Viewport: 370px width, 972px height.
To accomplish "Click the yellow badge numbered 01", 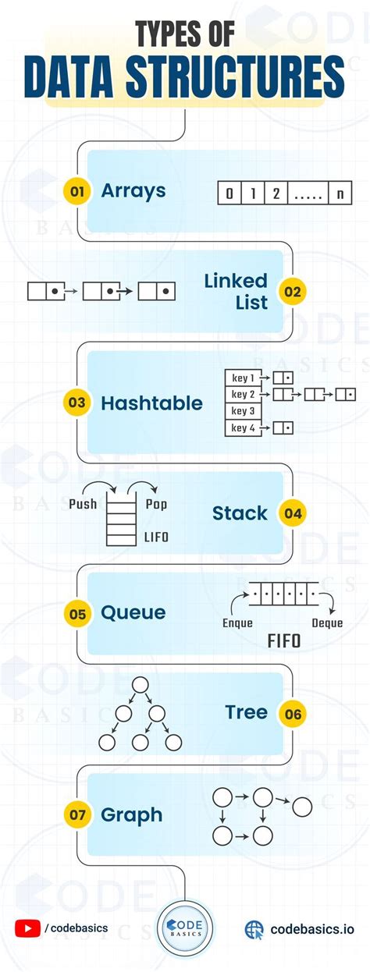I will pyautogui.click(x=76, y=191).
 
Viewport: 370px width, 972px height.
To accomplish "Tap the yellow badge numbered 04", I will pyautogui.click(x=293, y=513).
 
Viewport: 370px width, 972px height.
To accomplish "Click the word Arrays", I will pyautogui.click(x=133, y=191).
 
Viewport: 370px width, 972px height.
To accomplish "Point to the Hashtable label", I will pyautogui.click(x=151, y=403).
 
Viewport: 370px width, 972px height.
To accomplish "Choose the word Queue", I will pyautogui.click(x=133, y=613).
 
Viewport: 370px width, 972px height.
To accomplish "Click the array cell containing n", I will pyautogui.click(x=339, y=193).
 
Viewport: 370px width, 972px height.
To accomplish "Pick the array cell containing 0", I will pyautogui.click(x=229, y=193).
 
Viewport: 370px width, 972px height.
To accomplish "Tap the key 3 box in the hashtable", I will pyautogui.click(x=244, y=411).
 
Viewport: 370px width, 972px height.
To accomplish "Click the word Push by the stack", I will pyautogui.click(x=84, y=504).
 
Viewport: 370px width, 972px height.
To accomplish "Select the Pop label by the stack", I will pyautogui.click(x=156, y=504).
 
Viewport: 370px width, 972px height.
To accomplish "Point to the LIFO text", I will pyautogui.click(x=156, y=537).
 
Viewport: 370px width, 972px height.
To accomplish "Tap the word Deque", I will pyautogui.click(x=327, y=623).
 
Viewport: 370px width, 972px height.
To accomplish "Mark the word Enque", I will pyautogui.click(x=237, y=623).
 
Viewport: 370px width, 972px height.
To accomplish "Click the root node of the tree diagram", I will pyautogui.click(x=140, y=685).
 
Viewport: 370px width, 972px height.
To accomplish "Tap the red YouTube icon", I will pyautogui.click(x=27, y=928).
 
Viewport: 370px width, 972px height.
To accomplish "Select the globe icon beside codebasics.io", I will pyautogui.click(x=254, y=928).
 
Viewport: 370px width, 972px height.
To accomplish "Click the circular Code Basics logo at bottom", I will pyautogui.click(x=185, y=928).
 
